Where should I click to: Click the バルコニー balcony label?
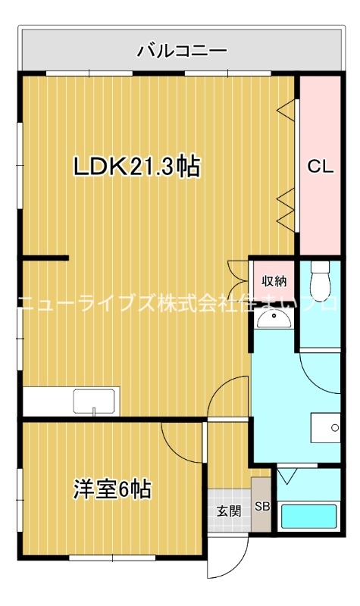pyautogui.click(x=182, y=52)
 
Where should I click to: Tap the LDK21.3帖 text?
pyautogui.click(x=136, y=167)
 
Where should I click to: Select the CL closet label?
pyautogui.click(x=320, y=168)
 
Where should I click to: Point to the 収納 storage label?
pyautogui.click(x=274, y=281)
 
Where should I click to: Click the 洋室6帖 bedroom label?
pyautogui.click(x=112, y=489)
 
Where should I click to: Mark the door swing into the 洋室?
pyautogui.click(x=182, y=439)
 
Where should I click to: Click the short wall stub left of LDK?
pyautogui.click(x=45, y=258)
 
